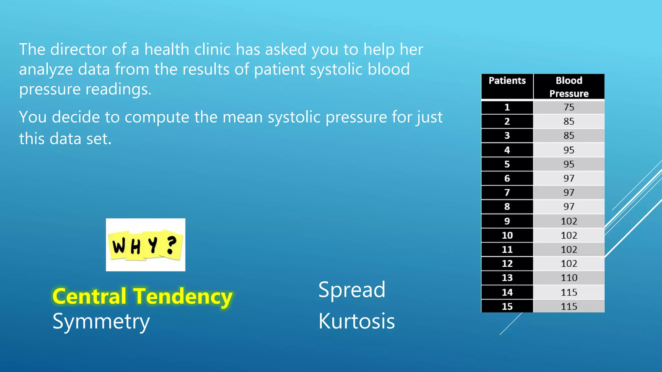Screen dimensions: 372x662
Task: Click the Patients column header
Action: pos(507,81)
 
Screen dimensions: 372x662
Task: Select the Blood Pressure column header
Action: pos(569,87)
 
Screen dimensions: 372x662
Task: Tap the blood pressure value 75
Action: pos(569,107)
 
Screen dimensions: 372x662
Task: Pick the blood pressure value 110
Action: pos(569,278)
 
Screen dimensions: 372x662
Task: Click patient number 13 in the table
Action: pos(507,278)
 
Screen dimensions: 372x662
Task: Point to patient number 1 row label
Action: pos(507,107)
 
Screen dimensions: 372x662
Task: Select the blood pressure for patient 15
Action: pos(569,306)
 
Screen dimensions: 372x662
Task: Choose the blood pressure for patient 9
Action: pos(569,221)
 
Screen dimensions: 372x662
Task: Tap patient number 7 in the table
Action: pos(507,192)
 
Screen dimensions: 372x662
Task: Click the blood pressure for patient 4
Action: pos(569,150)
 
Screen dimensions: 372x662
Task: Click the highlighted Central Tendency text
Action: pos(142,296)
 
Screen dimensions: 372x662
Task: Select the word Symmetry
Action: pos(101,322)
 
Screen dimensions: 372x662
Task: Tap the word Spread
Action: pos(352,290)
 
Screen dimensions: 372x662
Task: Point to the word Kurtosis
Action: pos(357,321)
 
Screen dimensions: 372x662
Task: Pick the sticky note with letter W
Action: pos(119,245)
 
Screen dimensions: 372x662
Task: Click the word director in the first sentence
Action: pos(79,49)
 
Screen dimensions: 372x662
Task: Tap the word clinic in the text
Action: pos(212,49)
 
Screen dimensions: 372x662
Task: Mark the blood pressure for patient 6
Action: pos(569,178)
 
